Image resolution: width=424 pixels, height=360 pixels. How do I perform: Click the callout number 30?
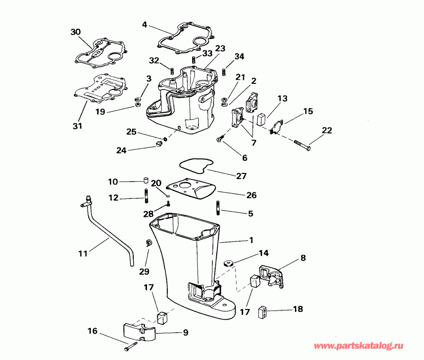(x=75, y=32)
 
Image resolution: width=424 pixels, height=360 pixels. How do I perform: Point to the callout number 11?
(x=83, y=254)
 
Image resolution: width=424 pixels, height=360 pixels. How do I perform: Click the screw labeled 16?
(x=130, y=348)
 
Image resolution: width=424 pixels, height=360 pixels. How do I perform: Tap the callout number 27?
(x=241, y=175)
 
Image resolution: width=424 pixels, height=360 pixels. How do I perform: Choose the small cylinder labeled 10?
(x=146, y=181)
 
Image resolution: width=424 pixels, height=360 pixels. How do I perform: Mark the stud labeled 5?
(x=219, y=207)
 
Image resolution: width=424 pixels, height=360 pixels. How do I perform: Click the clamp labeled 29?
(x=148, y=243)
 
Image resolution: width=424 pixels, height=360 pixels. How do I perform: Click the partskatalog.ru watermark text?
(x=359, y=346)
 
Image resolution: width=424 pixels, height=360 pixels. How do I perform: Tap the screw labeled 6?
(x=220, y=139)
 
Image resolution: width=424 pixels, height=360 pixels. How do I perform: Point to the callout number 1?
(x=251, y=240)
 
